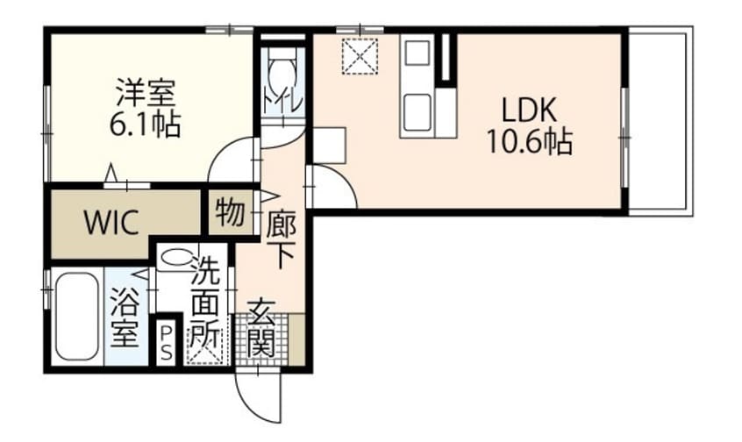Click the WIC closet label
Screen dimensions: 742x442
pos(111,222)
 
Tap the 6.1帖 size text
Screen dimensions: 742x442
pos(145,125)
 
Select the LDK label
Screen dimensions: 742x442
pos(529,110)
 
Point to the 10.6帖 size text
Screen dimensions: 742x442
pos(530,141)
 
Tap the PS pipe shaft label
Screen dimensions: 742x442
pos(166,342)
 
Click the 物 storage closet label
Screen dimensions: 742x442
pos(230,212)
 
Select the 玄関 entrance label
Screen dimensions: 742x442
pos(261,328)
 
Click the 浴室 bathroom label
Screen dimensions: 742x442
pos(124,317)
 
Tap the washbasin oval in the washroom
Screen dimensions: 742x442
pos(176,258)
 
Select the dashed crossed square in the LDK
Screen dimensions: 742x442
pos(360,56)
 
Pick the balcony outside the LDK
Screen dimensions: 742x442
pos(660,121)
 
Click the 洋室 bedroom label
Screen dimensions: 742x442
pos(146,93)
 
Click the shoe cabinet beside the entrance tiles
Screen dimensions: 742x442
pos(296,339)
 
